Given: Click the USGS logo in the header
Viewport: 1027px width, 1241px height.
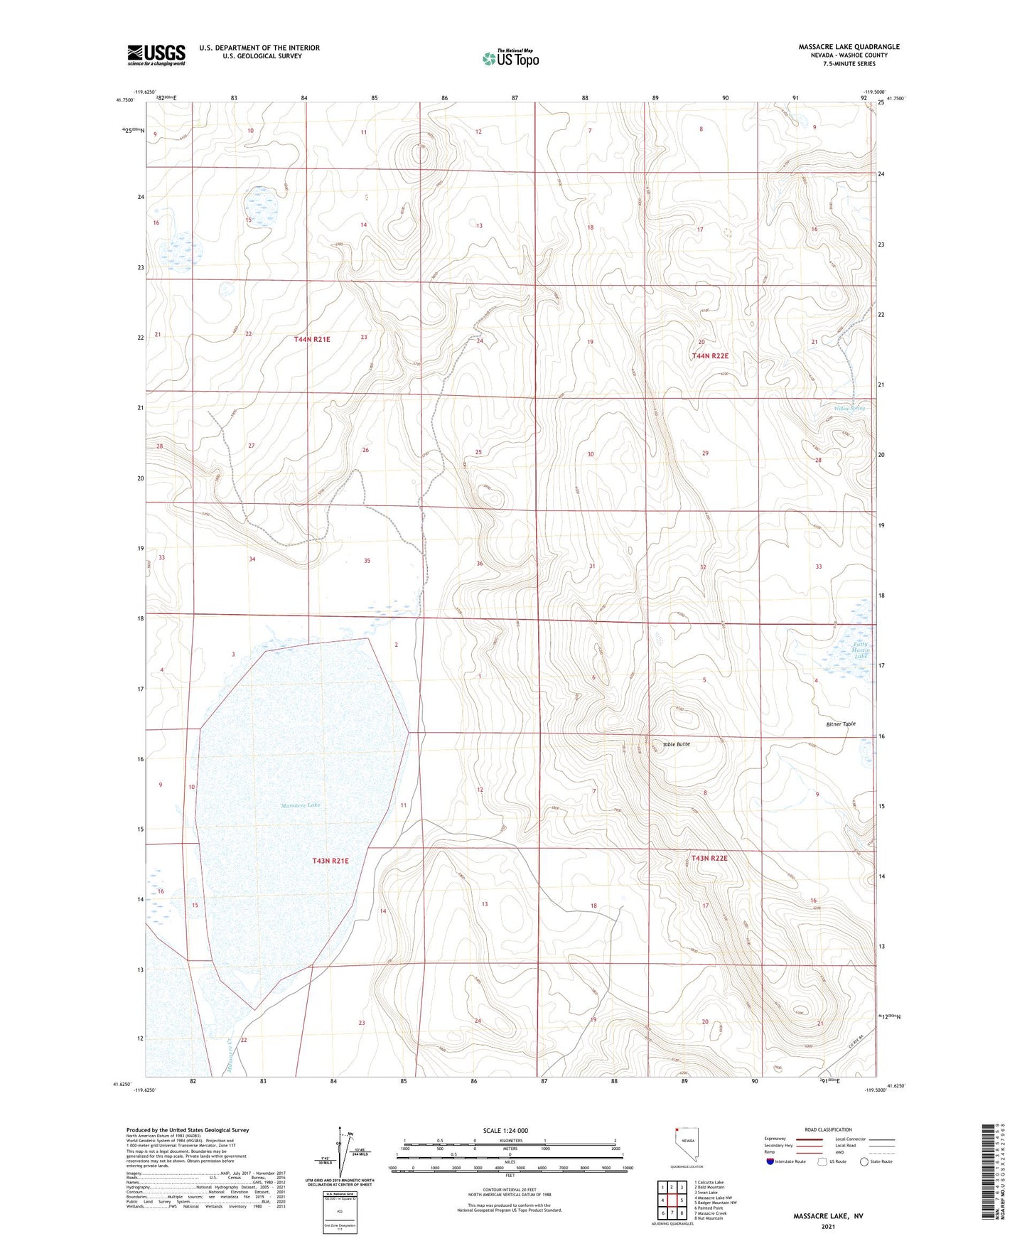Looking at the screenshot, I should coord(156,55).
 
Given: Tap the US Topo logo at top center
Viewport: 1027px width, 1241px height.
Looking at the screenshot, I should coord(510,58).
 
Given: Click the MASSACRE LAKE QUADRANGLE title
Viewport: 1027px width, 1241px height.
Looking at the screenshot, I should coord(849,47).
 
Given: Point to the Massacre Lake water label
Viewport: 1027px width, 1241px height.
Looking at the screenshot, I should coord(301,805).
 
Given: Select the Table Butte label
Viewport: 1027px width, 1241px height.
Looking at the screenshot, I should coord(676,744).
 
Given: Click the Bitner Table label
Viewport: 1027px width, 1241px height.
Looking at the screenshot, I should coord(841,724).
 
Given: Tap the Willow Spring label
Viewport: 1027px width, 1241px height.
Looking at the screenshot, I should coord(850,409).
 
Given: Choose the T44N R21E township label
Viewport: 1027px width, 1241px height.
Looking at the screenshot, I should coord(312,340).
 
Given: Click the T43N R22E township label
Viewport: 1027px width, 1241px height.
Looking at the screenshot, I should coord(709,859).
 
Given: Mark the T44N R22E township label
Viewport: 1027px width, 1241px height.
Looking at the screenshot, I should coord(710,355).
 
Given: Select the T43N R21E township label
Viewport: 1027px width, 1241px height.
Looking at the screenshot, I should coord(330,861).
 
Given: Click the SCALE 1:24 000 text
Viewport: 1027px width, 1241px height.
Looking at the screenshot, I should coord(505,1131).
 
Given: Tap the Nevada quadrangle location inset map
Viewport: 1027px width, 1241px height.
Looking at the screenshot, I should coord(686,1147).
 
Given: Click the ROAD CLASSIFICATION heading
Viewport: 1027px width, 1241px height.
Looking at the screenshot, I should coord(829,1129).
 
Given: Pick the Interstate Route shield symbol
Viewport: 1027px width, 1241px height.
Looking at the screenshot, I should coord(771,1161).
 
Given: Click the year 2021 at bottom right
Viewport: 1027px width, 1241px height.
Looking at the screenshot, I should coord(828,1227).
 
